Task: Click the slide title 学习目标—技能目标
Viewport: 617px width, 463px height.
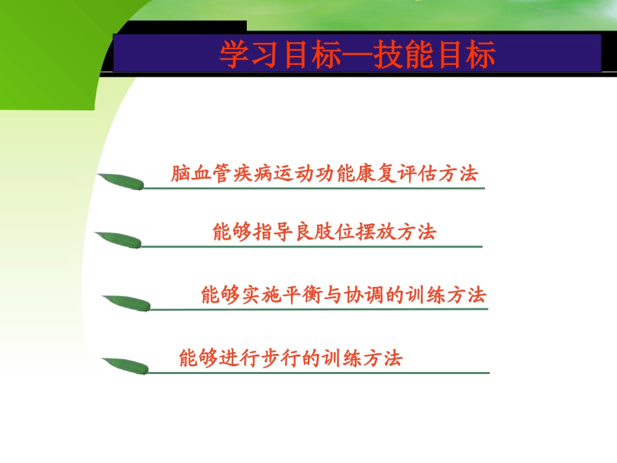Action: tap(357, 55)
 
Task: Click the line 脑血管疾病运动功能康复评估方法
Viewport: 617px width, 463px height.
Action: tap(324, 174)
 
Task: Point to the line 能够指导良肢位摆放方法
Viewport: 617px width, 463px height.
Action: tap(324, 232)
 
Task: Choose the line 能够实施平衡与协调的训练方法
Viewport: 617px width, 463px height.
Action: tap(344, 295)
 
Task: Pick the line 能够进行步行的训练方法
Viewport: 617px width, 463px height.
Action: tap(290, 358)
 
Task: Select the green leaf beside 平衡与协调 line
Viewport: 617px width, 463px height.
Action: tap(126, 303)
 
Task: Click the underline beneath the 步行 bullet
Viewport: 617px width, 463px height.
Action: tap(318, 373)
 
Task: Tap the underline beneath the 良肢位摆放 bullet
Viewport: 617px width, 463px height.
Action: tap(312, 247)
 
